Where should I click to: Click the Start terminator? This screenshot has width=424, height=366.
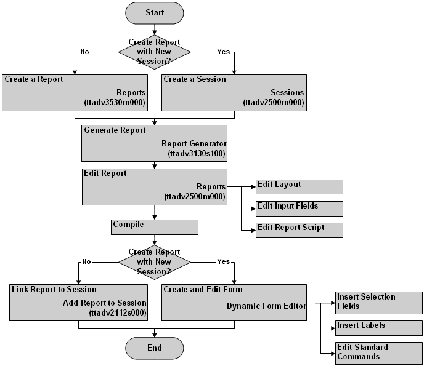pos(154,13)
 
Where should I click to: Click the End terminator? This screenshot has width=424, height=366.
pos(154,348)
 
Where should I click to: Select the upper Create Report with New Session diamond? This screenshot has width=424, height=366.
pos(154,52)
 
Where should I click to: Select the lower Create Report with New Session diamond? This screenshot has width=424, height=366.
pos(154,261)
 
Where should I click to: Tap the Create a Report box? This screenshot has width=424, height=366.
pos(75,92)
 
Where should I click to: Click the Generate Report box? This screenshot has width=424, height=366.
pos(154,142)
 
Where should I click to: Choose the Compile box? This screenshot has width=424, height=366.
pos(155,228)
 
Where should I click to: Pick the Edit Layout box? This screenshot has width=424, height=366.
pos(300,187)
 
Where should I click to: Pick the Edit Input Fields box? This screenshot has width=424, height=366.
pos(300,209)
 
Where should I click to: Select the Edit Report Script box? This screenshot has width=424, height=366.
pos(300,230)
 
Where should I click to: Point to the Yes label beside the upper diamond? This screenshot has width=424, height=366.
pos(223,52)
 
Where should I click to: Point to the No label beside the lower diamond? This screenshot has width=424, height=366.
pos(86,261)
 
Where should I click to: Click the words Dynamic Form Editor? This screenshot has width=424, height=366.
pos(266,306)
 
